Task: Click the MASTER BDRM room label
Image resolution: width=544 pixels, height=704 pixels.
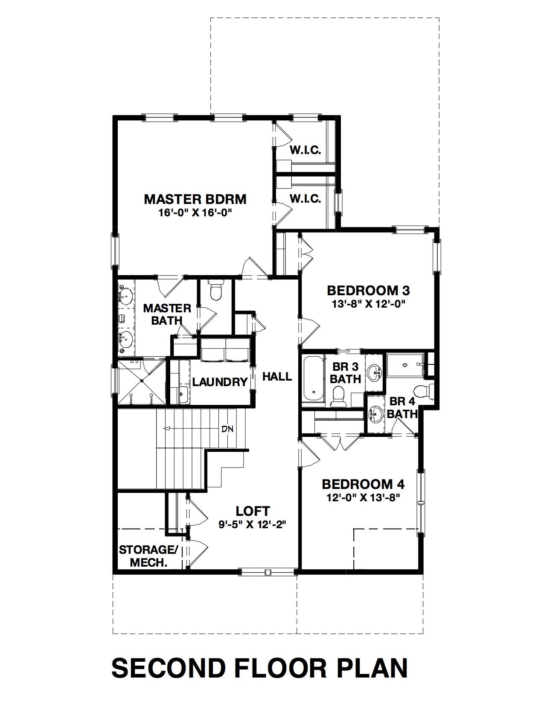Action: coord(195,199)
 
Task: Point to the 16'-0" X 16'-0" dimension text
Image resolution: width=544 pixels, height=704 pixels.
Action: coord(196,213)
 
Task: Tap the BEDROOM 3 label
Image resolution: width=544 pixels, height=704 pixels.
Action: coord(368,290)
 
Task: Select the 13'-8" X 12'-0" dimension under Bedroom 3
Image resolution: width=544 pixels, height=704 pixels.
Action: coord(369,304)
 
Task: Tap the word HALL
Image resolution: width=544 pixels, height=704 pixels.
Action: coord(277,376)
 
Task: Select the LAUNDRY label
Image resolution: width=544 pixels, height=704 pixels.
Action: coord(220,382)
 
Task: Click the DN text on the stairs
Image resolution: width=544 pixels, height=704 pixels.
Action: coord(227,429)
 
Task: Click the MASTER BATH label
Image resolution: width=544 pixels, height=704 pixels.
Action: coord(167,314)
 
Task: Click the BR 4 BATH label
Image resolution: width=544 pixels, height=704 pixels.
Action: coord(402,407)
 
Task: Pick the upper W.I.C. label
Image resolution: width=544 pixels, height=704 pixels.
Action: coord(305,150)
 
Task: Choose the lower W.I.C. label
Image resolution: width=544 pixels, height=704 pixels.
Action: coord(305,198)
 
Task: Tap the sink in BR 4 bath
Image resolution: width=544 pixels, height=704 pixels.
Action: coord(375,414)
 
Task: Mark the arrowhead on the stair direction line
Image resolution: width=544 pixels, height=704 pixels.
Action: coord(167,429)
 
